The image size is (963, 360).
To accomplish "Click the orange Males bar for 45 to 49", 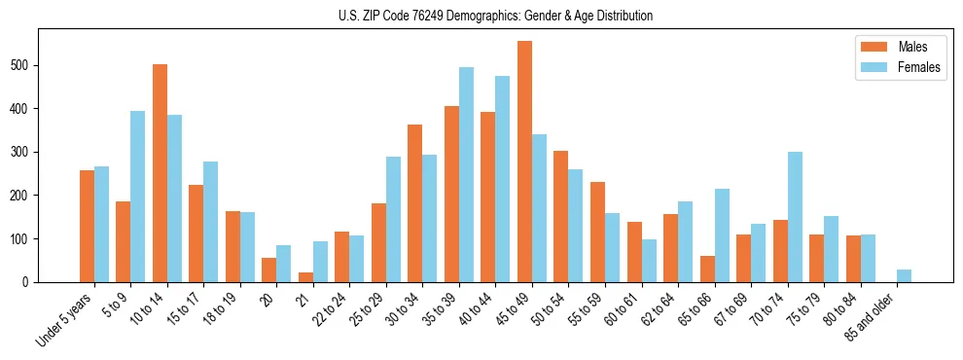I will pos(524,162).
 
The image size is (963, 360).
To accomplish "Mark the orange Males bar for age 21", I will pos(305,277).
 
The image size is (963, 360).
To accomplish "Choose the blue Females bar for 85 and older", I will pos(904,275).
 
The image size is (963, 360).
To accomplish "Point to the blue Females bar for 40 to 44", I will pos(503,179).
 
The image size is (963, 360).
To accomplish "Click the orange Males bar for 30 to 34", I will pos(415,203).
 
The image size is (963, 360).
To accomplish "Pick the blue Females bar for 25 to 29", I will pos(393,219).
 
